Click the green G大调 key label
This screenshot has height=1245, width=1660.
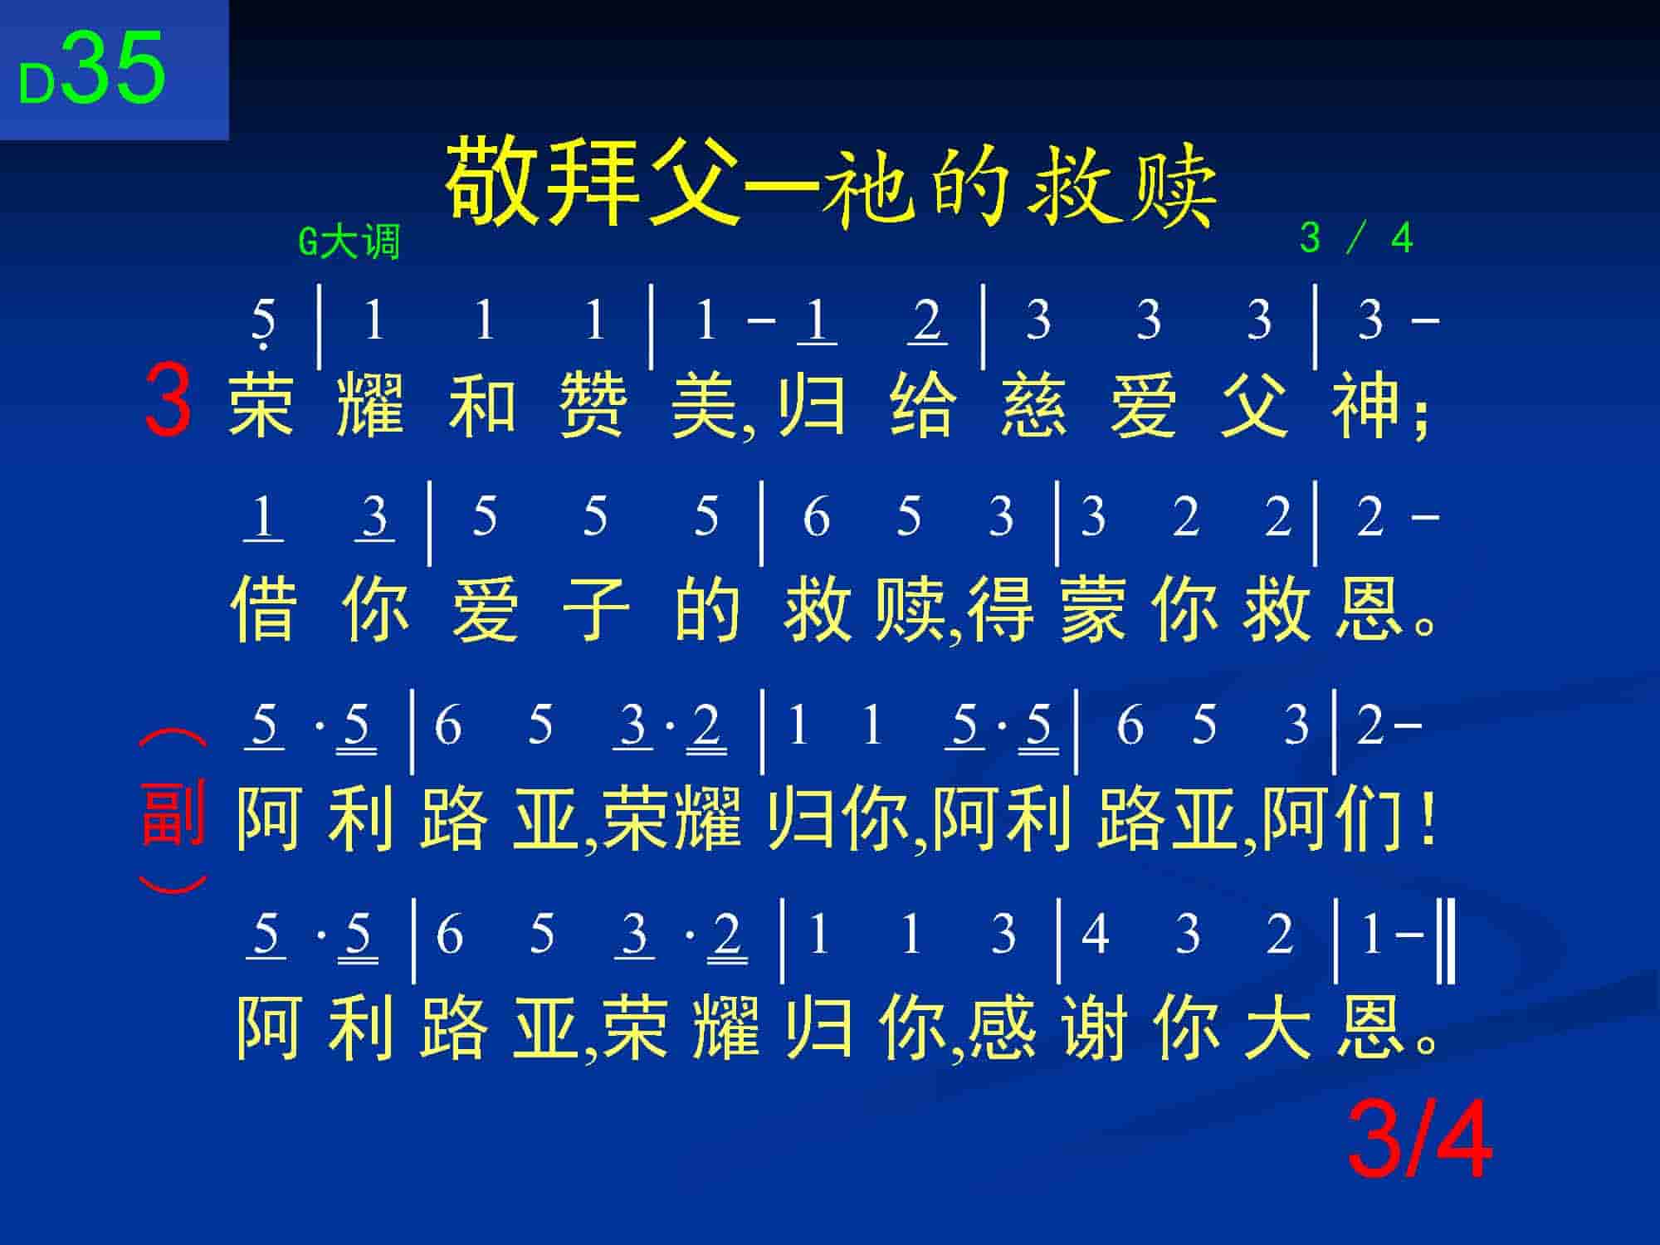coord(349,242)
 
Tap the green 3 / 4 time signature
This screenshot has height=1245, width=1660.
coord(1356,238)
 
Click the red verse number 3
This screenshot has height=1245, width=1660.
coord(168,401)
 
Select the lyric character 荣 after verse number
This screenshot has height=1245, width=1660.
coord(261,405)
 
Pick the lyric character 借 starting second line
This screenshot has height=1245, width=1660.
coord(263,610)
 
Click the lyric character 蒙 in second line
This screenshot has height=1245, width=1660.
coord(1094,610)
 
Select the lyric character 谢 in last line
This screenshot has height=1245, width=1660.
coord(1094,1027)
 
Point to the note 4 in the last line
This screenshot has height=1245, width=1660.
coord(1096,934)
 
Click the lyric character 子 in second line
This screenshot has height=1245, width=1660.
coord(595,610)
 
